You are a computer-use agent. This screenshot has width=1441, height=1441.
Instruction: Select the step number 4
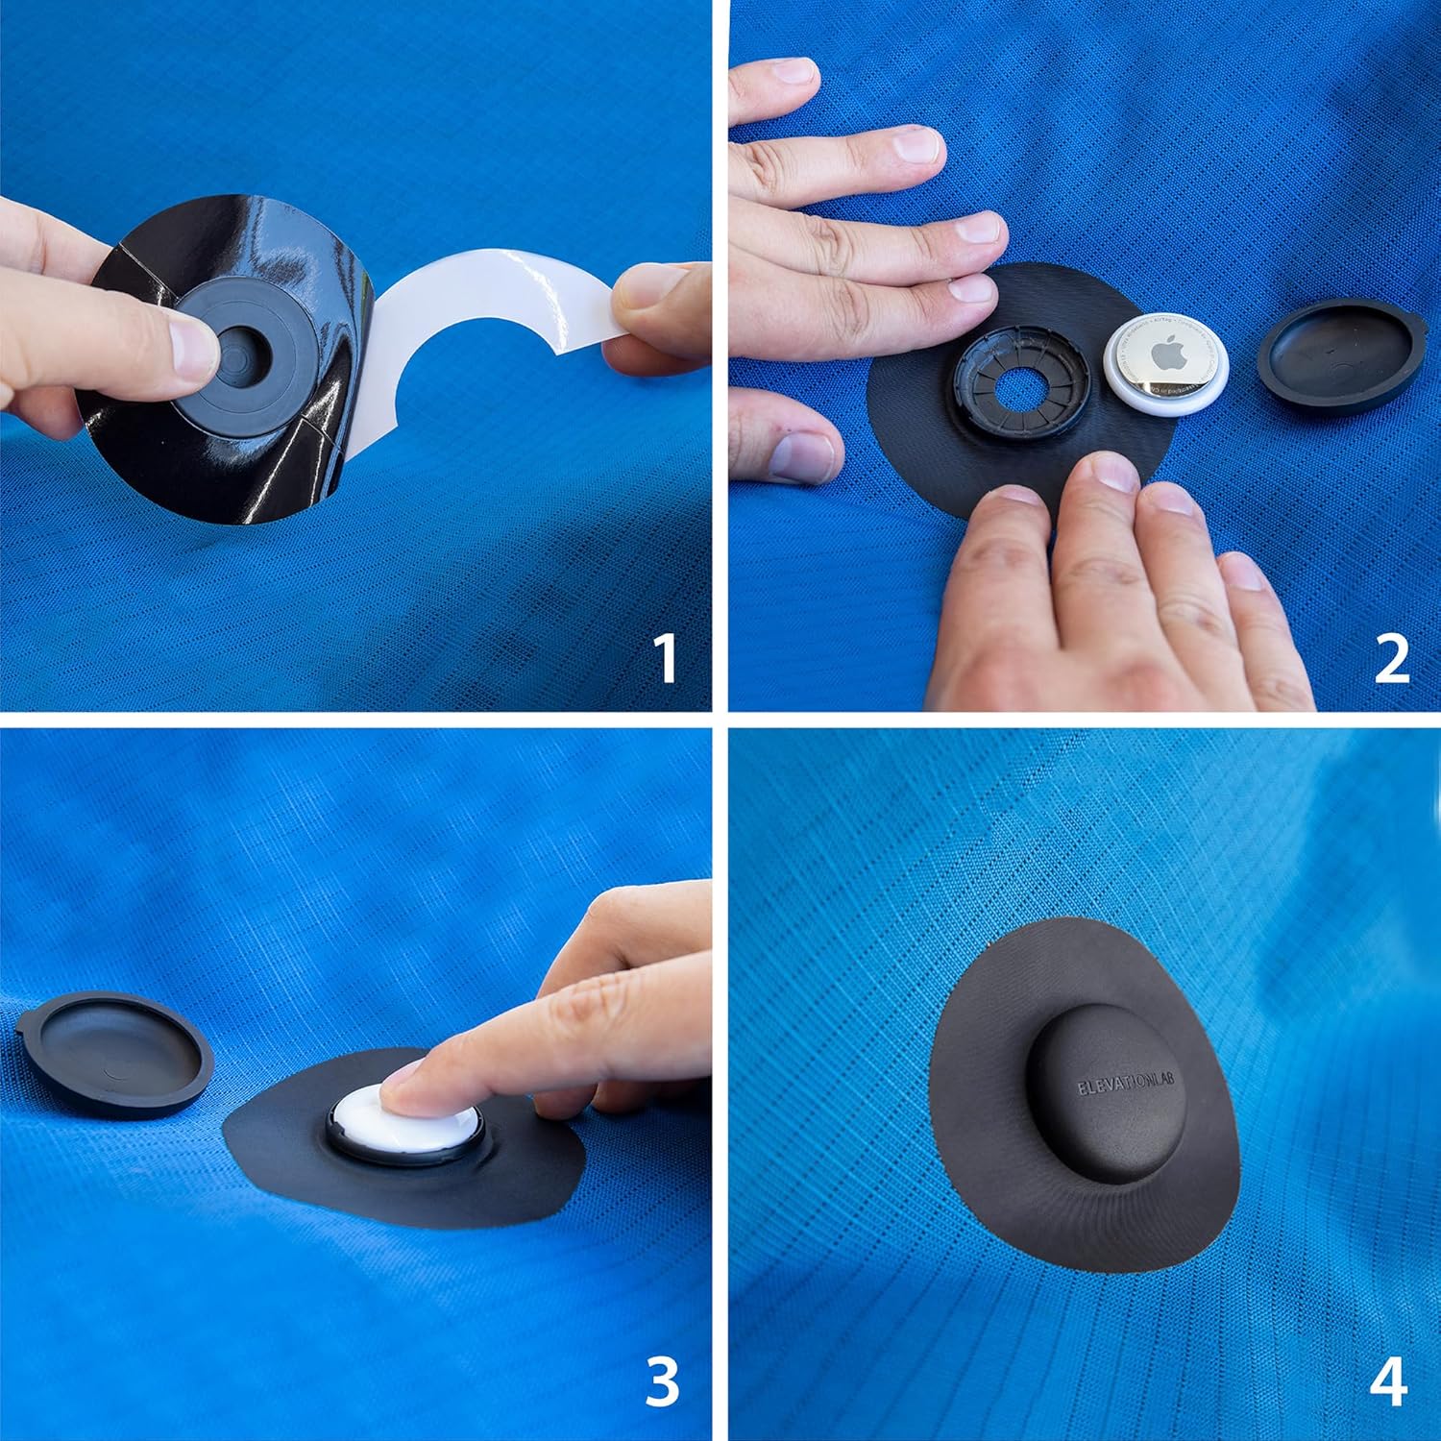coord(1389,1381)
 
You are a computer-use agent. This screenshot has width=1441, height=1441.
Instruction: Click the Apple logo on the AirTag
coord(1167,355)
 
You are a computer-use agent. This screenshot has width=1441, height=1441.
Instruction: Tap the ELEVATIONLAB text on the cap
coord(1106,1087)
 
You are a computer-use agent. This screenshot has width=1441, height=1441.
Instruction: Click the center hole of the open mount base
coord(1022,380)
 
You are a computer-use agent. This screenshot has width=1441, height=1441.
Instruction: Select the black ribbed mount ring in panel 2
coord(1022,380)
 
